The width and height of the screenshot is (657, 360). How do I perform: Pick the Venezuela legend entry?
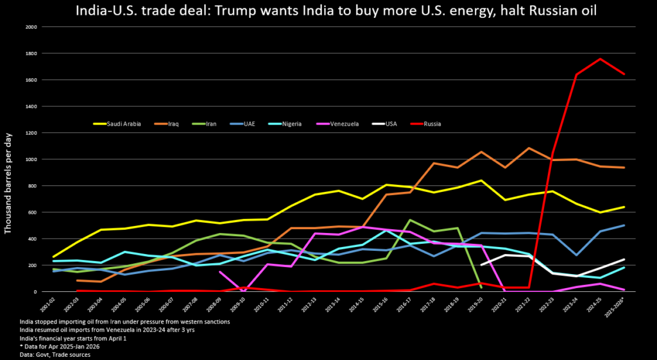point(339,124)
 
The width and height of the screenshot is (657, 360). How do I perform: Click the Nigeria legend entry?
point(288,124)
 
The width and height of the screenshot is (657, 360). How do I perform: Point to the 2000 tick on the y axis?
point(31,27)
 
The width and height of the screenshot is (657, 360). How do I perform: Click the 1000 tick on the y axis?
point(31,159)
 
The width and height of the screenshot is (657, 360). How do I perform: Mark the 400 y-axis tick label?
point(32,239)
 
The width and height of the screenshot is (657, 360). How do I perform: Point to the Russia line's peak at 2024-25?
point(601,59)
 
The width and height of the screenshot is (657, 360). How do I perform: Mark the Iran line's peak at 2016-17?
point(410,220)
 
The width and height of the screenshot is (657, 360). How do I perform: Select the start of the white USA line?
point(481,264)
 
